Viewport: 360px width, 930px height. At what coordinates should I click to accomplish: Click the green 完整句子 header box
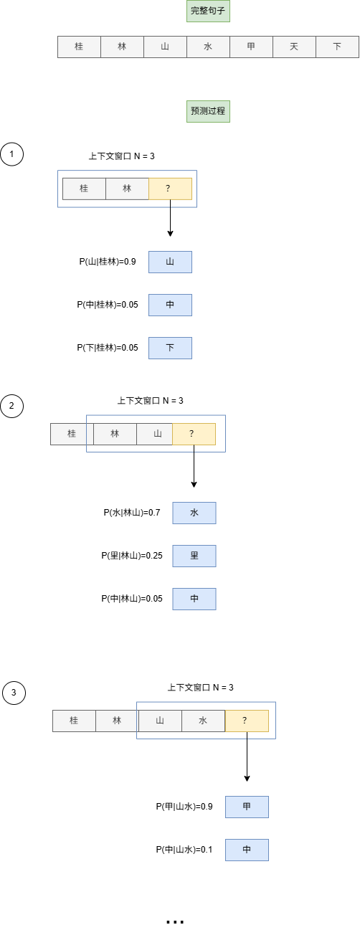pos(208,11)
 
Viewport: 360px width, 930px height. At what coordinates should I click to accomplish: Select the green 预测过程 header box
pos(208,111)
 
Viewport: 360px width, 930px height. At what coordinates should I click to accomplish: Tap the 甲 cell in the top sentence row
pos(251,47)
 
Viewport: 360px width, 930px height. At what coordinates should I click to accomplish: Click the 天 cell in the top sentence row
pos(294,47)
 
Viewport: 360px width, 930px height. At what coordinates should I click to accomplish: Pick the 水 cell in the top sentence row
pos(208,47)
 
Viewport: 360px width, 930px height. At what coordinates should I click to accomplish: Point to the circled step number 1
pos(12,154)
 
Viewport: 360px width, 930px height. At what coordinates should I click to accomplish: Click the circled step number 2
pos(12,407)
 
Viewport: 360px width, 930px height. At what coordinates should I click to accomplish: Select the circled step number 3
pos(14,693)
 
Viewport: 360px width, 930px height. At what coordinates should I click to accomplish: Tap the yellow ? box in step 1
pos(170,189)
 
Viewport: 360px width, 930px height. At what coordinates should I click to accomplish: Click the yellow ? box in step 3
pos(247,721)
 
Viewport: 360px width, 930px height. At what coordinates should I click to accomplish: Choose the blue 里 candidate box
pos(194,556)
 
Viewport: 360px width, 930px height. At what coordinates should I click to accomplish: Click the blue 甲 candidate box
pos(247,807)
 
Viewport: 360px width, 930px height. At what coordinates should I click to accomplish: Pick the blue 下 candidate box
pos(170,348)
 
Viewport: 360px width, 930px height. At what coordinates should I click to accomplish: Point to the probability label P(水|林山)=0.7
pos(131,513)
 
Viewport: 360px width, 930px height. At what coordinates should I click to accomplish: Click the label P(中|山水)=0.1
pos(184,850)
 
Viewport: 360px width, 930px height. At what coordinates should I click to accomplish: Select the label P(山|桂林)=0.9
pos(108,262)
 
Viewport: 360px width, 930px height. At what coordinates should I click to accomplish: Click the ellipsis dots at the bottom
pos(175,921)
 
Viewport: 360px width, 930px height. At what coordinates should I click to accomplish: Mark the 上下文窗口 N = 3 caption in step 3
pos(201,687)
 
